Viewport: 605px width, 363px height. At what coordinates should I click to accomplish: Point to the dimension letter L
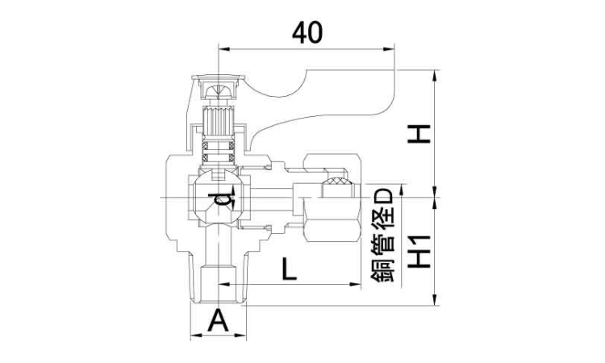(289, 268)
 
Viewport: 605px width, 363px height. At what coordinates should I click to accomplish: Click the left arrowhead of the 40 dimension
(221, 49)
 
